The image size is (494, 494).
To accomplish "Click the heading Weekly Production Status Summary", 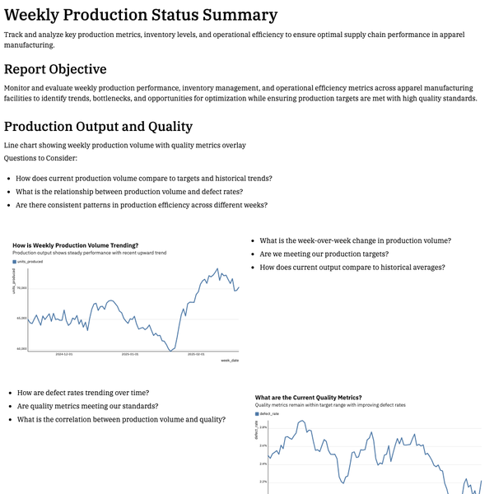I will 141,15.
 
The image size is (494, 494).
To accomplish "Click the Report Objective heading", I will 55,69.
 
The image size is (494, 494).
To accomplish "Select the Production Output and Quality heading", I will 98,126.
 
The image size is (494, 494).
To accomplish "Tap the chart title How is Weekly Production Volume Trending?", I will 75,245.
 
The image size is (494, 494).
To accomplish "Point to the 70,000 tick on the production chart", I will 22,288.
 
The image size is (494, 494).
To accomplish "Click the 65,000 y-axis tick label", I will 22,318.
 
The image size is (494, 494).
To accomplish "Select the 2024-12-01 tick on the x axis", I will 64,354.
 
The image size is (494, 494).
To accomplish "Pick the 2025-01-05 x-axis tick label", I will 130,354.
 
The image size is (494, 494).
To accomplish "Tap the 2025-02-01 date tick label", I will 196,354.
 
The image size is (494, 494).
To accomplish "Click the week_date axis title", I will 230,361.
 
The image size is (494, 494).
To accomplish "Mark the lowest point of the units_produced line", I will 170,351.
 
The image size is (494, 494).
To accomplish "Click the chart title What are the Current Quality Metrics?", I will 308,398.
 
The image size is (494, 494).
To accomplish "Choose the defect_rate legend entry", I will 269,413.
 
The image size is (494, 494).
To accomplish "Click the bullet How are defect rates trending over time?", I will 82,393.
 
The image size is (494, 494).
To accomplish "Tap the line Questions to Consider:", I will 40,158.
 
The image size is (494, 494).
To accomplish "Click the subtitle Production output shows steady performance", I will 89,252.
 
